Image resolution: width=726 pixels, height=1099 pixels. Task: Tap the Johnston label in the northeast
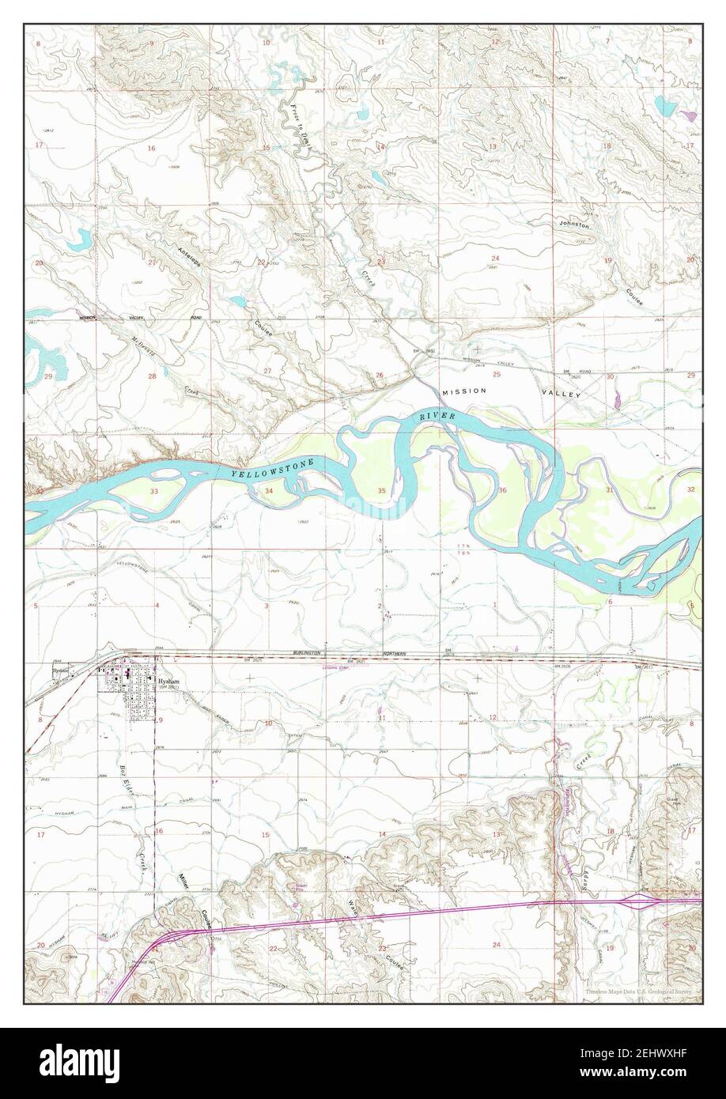point(574,225)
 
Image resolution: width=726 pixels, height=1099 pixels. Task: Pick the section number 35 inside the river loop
point(382,491)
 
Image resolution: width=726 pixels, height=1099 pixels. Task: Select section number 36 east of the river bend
point(503,491)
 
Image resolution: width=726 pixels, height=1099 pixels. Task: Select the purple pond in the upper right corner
point(694,115)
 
